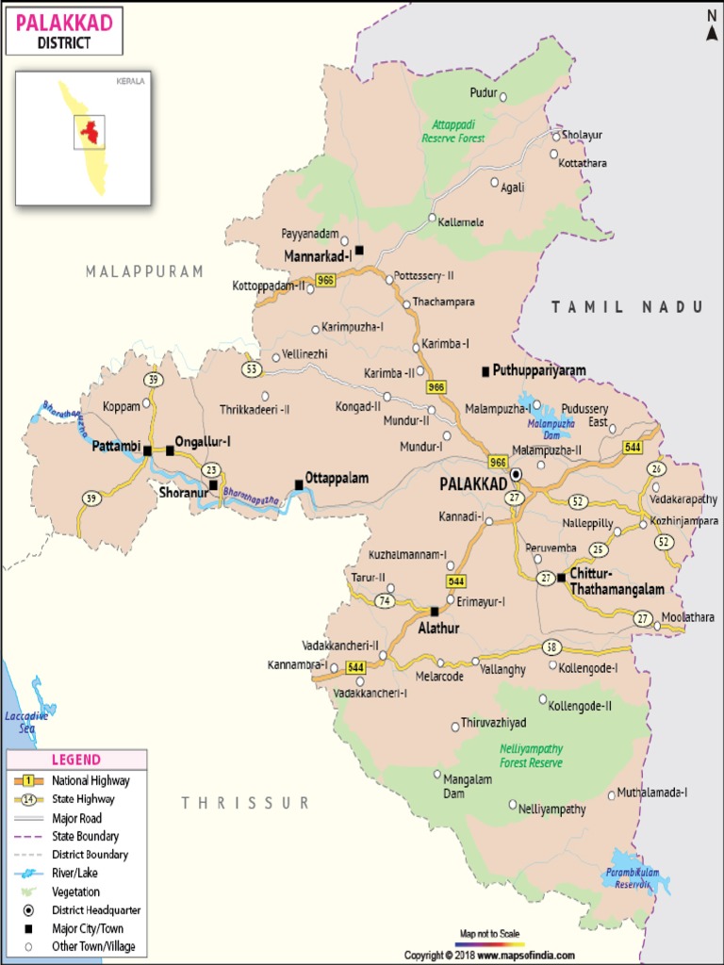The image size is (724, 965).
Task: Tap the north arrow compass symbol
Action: [x=712, y=26]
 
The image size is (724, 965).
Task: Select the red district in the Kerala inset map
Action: [x=90, y=131]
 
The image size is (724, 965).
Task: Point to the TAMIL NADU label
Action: [x=627, y=306]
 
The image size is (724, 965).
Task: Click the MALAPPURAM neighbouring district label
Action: [x=144, y=271]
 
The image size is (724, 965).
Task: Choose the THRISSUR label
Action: [x=245, y=803]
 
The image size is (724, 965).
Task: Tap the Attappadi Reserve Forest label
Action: [x=458, y=131]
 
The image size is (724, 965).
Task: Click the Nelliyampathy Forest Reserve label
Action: [x=531, y=756]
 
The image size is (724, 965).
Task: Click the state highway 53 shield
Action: [x=251, y=368]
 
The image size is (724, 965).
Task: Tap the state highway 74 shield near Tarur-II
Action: [x=384, y=600]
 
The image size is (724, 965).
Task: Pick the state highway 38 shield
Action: [x=552, y=647]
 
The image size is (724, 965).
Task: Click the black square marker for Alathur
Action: [x=434, y=611]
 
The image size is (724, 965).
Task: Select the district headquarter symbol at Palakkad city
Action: [x=516, y=474]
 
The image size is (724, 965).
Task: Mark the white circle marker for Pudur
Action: [x=503, y=96]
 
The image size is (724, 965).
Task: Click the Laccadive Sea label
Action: [x=27, y=722]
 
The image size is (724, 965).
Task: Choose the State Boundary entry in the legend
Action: [x=85, y=836]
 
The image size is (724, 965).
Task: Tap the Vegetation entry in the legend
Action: [x=75, y=891]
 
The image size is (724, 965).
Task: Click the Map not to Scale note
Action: [x=488, y=933]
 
